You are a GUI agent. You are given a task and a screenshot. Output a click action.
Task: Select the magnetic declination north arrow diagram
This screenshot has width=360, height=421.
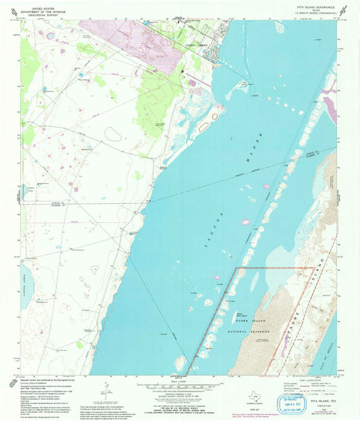(x=104, y=394)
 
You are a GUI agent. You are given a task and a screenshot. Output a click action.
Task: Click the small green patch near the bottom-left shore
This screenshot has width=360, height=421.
(x=80, y=345)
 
